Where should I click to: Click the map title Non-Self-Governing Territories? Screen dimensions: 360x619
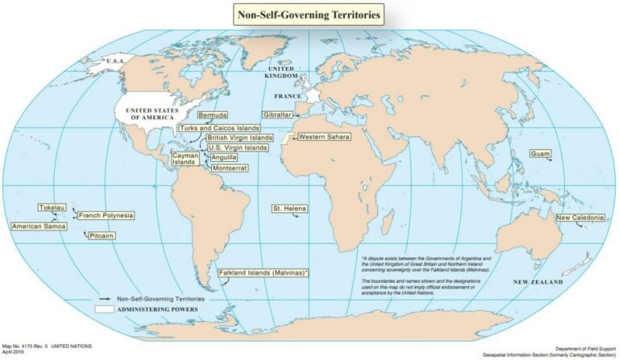click(308, 14)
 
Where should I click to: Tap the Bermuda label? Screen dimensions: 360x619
click(213, 115)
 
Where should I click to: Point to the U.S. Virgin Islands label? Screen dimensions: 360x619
click(237, 147)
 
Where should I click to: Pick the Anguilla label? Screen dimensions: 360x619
click(223, 157)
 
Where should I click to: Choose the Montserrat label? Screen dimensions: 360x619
click(229, 168)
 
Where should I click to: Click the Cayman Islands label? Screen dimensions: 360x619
click(185, 158)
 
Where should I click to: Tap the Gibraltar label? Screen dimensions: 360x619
click(276, 115)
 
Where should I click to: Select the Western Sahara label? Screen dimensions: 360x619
click(322, 137)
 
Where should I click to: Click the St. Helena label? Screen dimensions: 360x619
click(289, 209)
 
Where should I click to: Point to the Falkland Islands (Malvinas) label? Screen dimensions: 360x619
click(264, 274)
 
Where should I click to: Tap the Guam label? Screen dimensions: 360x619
click(539, 154)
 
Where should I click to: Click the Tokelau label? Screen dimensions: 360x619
click(52, 207)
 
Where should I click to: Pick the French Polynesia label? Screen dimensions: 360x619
click(106, 216)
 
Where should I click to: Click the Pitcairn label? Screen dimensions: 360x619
click(101, 236)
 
